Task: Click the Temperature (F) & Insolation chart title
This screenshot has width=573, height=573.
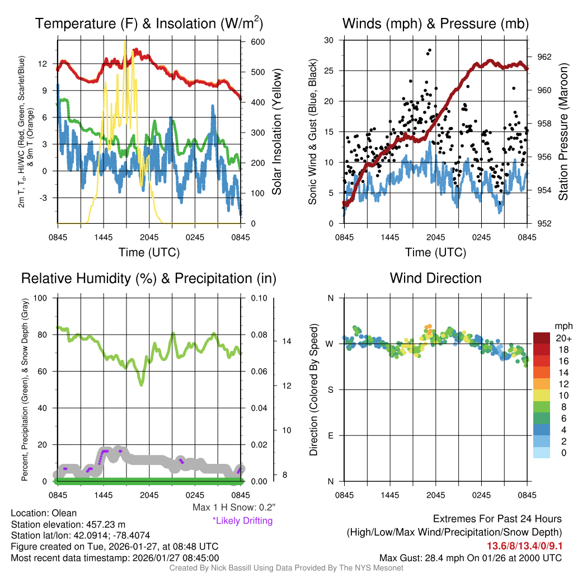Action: (149, 24)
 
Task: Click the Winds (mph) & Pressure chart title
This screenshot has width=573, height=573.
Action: (435, 24)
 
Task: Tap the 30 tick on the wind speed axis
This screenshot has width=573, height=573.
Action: (329, 40)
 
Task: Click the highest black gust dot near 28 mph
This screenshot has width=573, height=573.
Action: (430, 50)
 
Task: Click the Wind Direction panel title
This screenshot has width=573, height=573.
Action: (435, 278)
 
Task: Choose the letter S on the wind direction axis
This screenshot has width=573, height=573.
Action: (330, 389)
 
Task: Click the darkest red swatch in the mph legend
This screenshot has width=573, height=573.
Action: (542, 338)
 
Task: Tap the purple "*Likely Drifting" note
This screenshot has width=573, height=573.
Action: (242, 520)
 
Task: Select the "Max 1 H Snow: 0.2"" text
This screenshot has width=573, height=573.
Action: (234, 508)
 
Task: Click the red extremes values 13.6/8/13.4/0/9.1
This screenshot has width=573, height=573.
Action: (525, 546)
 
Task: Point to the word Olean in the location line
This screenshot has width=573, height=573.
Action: (64, 513)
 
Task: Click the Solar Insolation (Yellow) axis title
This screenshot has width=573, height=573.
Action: (277, 132)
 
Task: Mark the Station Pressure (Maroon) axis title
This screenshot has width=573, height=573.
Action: (563, 132)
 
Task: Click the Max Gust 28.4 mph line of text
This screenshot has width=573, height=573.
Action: (470, 557)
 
